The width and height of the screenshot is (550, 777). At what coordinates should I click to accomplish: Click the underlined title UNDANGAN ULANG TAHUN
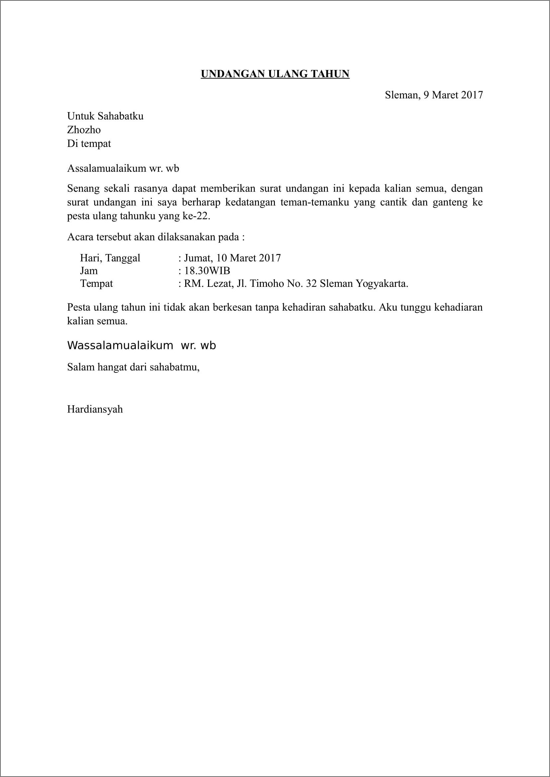pyautogui.click(x=275, y=74)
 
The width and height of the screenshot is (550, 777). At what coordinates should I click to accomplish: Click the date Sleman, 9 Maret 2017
pyautogui.click(x=433, y=95)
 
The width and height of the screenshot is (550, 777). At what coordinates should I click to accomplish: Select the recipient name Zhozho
pyautogui.click(x=84, y=130)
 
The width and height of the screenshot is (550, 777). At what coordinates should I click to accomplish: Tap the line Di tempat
pyautogui.click(x=89, y=144)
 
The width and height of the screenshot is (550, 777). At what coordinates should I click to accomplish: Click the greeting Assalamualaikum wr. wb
pyautogui.click(x=123, y=168)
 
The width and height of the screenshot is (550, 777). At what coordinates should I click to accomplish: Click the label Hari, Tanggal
pyautogui.click(x=110, y=258)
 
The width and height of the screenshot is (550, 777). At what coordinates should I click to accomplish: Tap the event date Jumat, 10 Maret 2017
pyautogui.click(x=232, y=258)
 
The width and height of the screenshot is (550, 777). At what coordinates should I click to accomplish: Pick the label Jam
pyautogui.click(x=89, y=271)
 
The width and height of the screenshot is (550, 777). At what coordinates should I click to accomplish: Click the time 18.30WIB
pyautogui.click(x=207, y=271)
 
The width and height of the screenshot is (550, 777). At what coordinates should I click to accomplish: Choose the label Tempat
pyautogui.click(x=96, y=284)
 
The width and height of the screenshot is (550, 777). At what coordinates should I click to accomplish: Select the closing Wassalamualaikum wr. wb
pyautogui.click(x=141, y=346)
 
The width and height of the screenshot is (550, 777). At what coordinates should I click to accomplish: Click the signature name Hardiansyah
pyautogui.click(x=95, y=409)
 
